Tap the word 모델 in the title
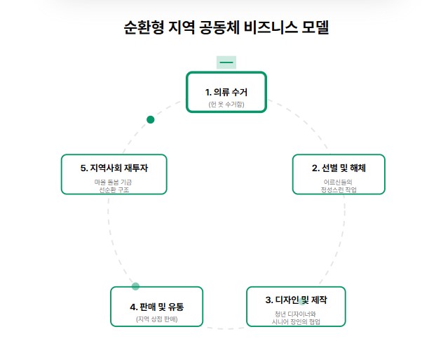[313, 27]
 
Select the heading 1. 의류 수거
[226, 92]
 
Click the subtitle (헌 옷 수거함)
[226, 104]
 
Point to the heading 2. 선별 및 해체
[339, 168]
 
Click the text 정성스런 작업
[339, 189]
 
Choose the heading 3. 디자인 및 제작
[296, 300]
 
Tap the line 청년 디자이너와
[296, 314]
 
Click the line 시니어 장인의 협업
[296, 321]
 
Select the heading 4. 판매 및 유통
[156, 307]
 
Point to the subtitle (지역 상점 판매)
[156, 319]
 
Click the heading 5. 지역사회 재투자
[114, 168]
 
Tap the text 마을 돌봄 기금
[114, 182]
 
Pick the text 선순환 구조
[114, 189]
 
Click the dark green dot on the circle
[150, 119]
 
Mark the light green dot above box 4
[135, 286]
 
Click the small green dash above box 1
[226, 62]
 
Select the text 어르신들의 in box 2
[339, 182]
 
